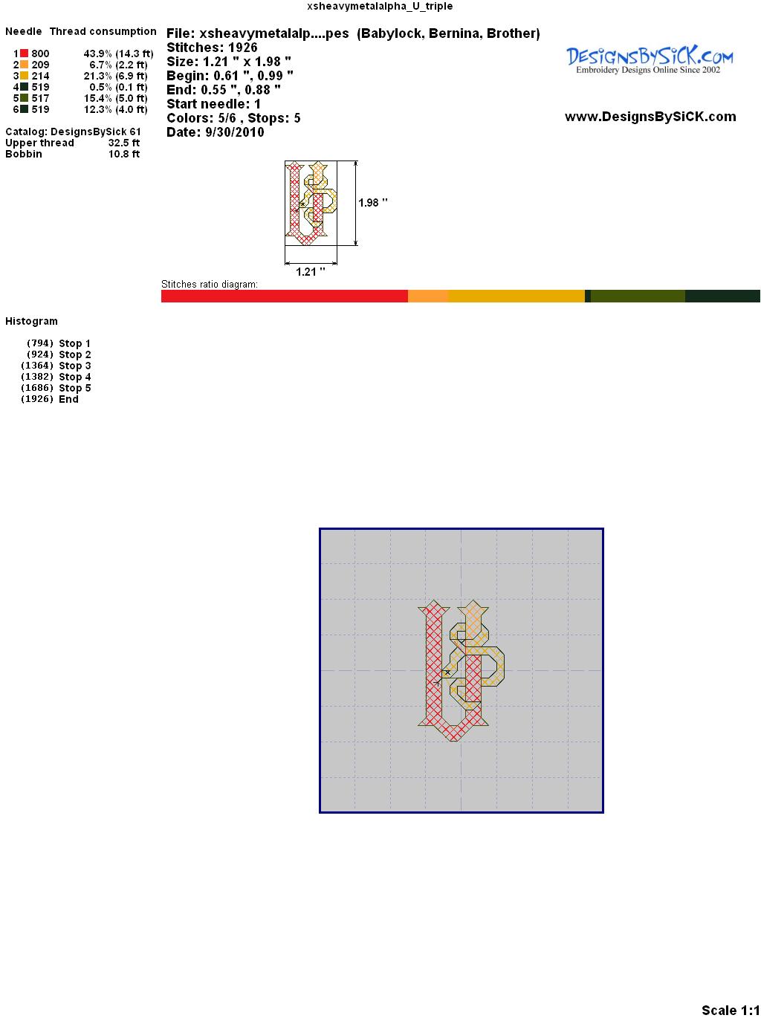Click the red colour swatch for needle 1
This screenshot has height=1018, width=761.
(x=24, y=54)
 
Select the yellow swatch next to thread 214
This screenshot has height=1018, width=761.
(x=24, y=76)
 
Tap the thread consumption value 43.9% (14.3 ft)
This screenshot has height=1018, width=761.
(x=118, y=54)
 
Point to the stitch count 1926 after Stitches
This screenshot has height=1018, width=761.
(x=242, y=48)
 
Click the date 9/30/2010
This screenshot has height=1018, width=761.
(x=235, y=132)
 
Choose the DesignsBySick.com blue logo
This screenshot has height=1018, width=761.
(x=650, y=60)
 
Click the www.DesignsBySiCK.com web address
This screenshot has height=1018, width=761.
(x=650, y=117)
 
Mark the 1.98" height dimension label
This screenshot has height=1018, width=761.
(x=373, y=203)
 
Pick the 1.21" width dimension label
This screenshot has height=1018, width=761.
(x=310, y=272)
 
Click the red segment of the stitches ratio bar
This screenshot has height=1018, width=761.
(x=285, y=296)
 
